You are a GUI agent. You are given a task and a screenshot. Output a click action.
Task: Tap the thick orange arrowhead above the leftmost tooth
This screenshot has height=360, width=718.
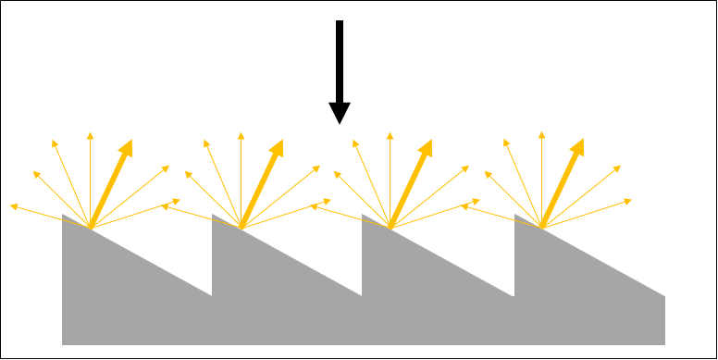coord(126,147)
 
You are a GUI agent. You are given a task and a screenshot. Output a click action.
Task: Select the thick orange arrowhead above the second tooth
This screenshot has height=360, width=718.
coord(277,147)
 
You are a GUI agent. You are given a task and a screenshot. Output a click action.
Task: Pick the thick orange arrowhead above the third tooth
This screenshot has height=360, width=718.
coord(427,147)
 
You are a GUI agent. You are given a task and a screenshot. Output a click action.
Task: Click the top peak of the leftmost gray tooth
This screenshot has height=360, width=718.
coord(63,215)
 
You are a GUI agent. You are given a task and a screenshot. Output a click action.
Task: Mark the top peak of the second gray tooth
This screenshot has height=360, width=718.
coord(214,216)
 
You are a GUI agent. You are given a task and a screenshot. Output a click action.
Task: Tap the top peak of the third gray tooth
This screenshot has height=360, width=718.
coord(363,216)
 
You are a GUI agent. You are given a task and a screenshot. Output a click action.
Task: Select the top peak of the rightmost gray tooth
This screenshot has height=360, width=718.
coord(515,216)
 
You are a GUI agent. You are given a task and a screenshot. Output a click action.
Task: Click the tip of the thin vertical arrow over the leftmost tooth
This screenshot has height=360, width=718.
coord(90,134)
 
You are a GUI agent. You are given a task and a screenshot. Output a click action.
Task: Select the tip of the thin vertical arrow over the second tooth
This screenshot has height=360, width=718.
coord(241,134)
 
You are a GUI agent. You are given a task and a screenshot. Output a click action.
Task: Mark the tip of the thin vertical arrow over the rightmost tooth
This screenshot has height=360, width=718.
coord(542,134)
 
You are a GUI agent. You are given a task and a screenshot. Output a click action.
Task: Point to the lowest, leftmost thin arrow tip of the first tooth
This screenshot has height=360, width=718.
coord(13,206)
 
